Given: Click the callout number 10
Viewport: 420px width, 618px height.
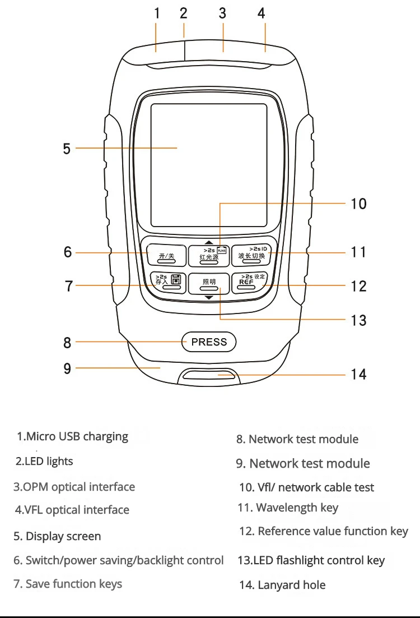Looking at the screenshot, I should pyautogui.click(x=358, y=204).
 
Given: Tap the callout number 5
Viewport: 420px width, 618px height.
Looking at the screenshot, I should pyautogui.click(x=67, y=149).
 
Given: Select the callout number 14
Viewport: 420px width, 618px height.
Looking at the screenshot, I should pyautogui.click(x=358, y=374).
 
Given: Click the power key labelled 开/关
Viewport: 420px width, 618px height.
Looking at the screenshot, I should pyautogui.click(x=167, y=253).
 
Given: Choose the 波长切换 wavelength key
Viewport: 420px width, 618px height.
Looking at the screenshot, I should pyautogui.click(x=251, y=253).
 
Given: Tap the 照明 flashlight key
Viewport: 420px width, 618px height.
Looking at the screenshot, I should pyautogui.click(x=209, y=283).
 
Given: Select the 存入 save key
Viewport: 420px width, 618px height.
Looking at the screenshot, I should pyautogui.click(x=167, y=282).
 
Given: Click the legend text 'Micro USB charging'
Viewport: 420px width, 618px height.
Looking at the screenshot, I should pyautogui.click(x=72, y=436).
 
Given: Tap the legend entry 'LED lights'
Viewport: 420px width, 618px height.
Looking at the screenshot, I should pyautogui.click(x=44, y=462).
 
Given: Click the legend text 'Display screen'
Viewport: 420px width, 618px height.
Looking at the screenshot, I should pyautogui.click(x=57, y=536).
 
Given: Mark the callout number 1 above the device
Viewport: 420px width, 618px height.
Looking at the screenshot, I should pyautogui.click(x=157, y=13).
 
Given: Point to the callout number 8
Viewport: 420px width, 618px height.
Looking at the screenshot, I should pyautogui.click(x=67, y=342).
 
